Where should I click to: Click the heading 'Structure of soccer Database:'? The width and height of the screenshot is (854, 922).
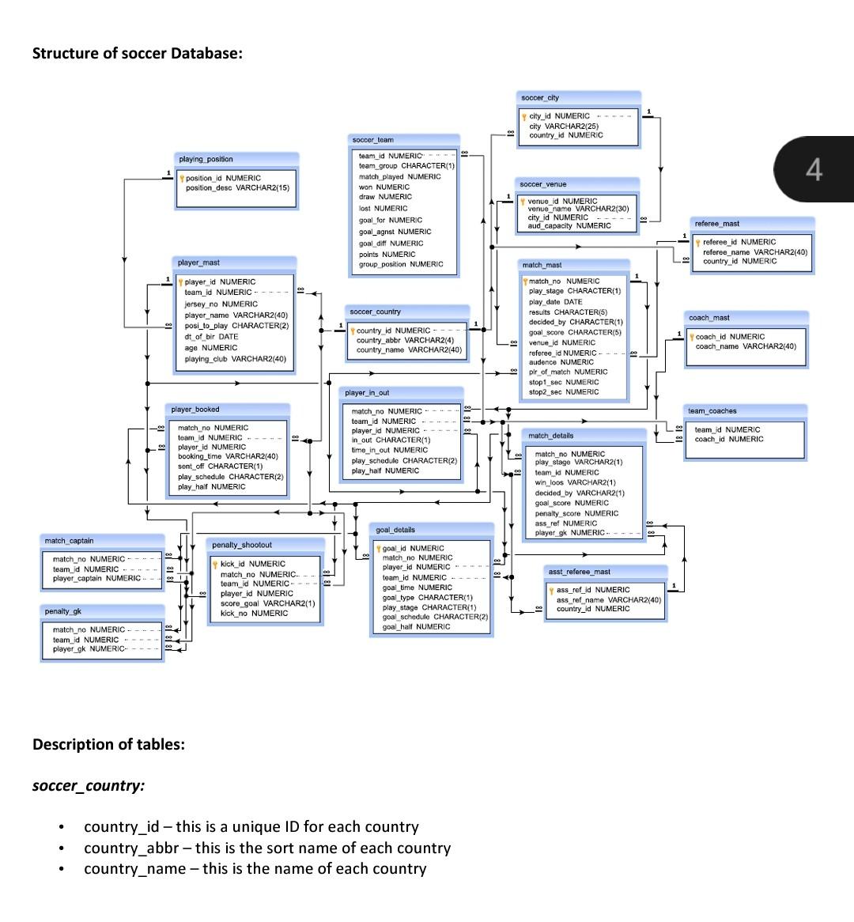[x=137, y=53]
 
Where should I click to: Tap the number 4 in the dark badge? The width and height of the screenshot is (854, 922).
[x=814, y=169]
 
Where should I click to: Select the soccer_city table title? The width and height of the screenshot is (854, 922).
[x=540, y=98]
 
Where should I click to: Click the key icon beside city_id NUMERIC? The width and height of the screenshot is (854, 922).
[x=523, y=116]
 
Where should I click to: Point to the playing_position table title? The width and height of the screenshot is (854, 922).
[x=206, y=159]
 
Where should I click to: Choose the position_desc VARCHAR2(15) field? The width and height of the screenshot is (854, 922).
[x=237, y=188]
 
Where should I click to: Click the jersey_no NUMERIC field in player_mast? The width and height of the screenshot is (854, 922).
[x=221, y=304]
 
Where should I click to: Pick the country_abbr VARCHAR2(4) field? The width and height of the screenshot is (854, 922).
[x=405, y=340]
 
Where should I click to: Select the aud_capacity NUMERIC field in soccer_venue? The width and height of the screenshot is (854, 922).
[x=569, y=226]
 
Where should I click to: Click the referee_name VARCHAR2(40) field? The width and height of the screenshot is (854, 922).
[x=755, y=251]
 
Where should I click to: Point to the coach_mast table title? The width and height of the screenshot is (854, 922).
[x=709, y=318]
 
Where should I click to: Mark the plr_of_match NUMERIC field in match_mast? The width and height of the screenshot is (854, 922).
[x=568, y=372]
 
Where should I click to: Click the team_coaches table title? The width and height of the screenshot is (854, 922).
[x=712, y=411]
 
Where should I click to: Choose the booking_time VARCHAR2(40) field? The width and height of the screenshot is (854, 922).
[x=228, y=456]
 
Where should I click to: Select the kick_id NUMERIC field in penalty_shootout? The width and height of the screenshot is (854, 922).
[x=252, y=564]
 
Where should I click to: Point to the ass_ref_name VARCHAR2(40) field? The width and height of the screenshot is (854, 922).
[x=609, y=599]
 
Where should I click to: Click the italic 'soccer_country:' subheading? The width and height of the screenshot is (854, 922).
[x=89, y=785]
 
